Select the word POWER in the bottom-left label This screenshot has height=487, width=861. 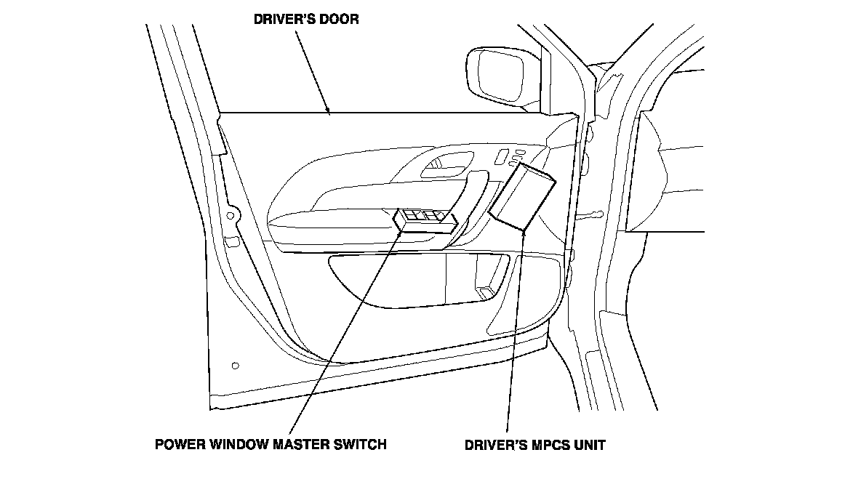click(177, 443)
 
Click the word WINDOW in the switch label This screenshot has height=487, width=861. click(235, 443)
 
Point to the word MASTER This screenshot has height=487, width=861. click(300, 443)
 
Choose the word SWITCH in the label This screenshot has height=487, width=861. click(361, 443)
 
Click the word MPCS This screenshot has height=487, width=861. click(543, 443)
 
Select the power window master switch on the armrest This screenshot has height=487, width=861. click(425, 220)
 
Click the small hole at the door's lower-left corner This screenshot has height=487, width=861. click(234, 365)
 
